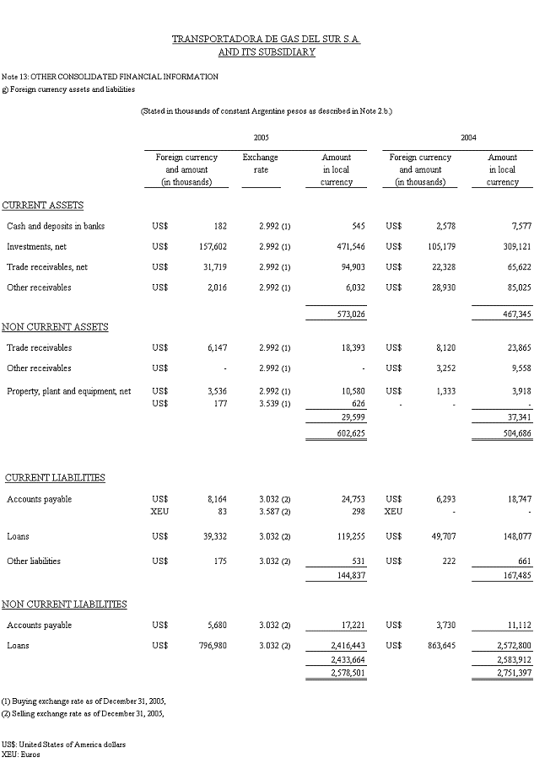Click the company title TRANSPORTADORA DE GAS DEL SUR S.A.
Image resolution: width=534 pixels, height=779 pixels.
[267, 40]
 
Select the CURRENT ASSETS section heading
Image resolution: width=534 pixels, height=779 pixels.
[43, 205]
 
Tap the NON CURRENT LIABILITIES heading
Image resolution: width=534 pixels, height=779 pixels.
[64, 604]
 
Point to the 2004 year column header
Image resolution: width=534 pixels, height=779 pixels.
[468, 137]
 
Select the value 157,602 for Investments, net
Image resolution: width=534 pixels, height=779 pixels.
[213, 246]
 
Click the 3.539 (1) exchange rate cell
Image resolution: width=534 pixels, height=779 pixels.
[274, 404]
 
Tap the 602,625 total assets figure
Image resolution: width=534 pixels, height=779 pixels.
[336, 433]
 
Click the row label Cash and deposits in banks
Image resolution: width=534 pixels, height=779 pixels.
[56, 226]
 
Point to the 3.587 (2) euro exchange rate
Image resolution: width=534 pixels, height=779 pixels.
[274, 511]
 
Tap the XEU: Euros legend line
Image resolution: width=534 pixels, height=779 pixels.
[21, 755]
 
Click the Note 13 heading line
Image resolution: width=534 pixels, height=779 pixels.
[110, 76]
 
